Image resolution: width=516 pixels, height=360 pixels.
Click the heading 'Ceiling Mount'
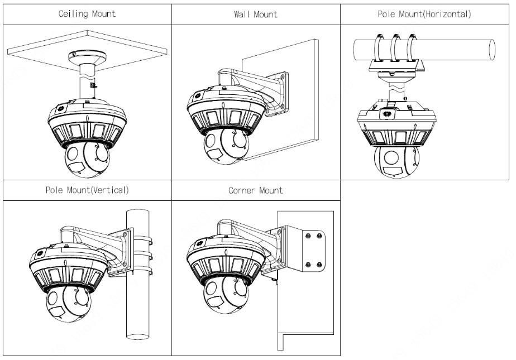[x=87, y=14]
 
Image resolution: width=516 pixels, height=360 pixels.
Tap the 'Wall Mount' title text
[x=255, y=15]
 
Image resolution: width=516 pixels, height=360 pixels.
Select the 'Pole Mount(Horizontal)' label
[x=424, y=14]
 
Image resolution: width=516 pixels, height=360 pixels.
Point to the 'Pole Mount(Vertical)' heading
[x=87, y=190]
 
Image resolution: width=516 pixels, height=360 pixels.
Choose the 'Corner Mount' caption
[x=255, y=190]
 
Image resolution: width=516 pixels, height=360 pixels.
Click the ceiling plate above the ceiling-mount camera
[x=34, y=53]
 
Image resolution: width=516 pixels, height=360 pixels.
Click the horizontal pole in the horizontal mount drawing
[x=458, y=49]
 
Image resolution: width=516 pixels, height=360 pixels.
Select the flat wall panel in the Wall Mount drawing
[x=296, y=134]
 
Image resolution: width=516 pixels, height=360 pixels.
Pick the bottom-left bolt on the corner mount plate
[x=306, y=264]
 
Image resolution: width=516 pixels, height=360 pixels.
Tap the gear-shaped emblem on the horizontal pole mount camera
[x=384, y=114]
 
